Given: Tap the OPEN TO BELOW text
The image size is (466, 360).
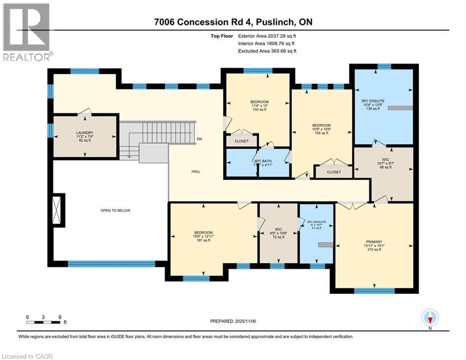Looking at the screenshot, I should point(115,210).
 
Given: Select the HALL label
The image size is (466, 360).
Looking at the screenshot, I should point(196,172).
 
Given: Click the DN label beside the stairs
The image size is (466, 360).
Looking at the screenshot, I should point(199,139).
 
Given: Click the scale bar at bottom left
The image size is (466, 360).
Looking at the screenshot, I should point(43,322).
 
